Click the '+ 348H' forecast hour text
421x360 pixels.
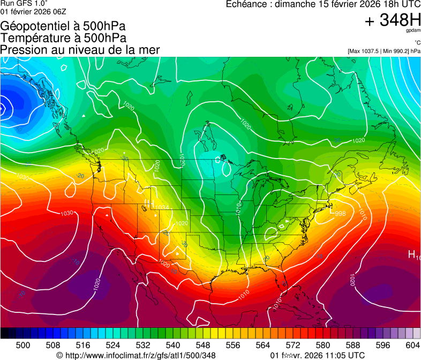[x=393, y=20]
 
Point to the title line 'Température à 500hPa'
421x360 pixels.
[x=63, y=38]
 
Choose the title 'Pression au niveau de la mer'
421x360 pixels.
[x=80, y=50]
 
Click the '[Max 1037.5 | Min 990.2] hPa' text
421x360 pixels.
[x=384, y=51]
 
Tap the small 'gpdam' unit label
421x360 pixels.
[x=414, y=31]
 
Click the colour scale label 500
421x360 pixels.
[x=23, y=344]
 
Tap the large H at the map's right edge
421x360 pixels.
[x=412, y=254]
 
